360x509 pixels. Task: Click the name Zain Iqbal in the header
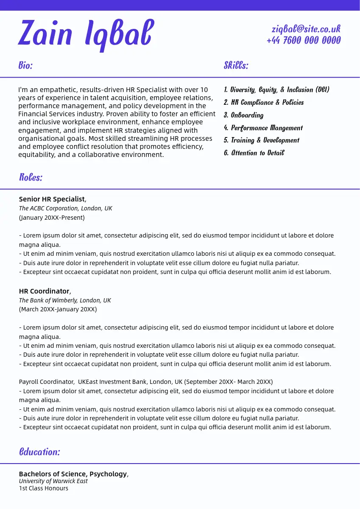click(x=86, y=34)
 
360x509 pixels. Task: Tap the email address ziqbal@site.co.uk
click(x=306, y=29)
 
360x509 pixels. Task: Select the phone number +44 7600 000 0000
click(x=304, y=40)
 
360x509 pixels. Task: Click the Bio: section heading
click(x=25, y=65)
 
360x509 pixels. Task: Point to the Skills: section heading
click(x=236, y=65)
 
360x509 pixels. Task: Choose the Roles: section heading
click(x=31, y=177)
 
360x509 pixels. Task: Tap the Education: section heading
click(x=39, y=452)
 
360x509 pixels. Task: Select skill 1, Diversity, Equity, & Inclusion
click(x=276, y=89)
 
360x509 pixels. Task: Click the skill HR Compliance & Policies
click(x=264, y=102)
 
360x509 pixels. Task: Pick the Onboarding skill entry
click(x=243, y=115)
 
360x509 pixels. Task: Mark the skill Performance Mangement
click(x=263, y=128)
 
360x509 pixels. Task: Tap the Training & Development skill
click(x=261, y=140)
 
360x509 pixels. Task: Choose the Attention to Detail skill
click(x=254, y=153)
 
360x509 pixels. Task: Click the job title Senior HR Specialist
click(x=52, y=199)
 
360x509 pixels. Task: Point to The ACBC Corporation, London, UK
click(x=65, y=208)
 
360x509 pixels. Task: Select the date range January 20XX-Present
click(x=52, y=218)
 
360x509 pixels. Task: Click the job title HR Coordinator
click(x=44, y=291)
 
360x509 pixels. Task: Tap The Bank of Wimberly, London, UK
click(x=65, y=300)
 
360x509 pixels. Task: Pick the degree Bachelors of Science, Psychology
click(x=73, y=474)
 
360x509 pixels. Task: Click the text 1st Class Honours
click(x=43, y=488)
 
